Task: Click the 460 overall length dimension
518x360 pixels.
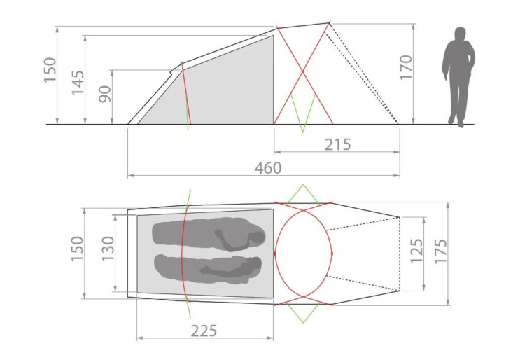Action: (268, 168)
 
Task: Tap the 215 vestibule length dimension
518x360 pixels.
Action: (337, 144)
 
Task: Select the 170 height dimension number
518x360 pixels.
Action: (406, 67)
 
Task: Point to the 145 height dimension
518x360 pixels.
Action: (78, 83)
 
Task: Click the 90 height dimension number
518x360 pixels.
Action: (105, 94)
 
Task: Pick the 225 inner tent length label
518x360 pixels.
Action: (204, 331)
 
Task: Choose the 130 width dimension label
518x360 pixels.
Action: (108, 249)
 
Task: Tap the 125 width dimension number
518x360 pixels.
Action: (416, 251)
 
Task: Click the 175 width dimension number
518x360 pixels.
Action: (440, 251)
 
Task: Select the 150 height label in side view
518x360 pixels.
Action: (50, 70)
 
